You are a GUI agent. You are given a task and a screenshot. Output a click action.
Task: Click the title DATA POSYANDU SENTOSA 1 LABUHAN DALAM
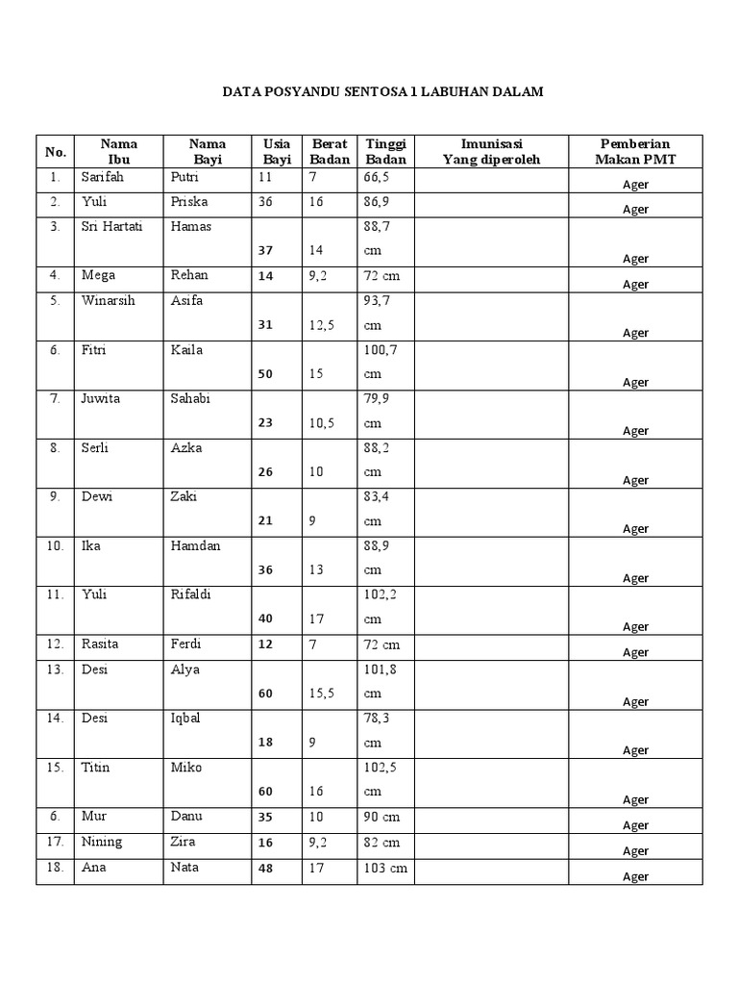coord(382,92)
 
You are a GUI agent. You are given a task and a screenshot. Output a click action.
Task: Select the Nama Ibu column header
coord(118,151)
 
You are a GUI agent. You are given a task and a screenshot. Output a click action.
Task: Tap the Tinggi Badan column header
coord(385,151)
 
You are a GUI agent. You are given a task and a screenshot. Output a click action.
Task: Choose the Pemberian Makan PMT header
coord(635,151)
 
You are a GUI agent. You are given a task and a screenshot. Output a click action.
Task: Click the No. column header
coord(56,152)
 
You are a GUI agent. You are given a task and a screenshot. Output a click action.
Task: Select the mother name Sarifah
coord(103,177)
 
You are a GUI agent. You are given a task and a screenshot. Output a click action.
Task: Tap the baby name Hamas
coord(190,227)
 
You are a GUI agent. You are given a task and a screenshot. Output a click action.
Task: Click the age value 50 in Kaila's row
coord(265,374)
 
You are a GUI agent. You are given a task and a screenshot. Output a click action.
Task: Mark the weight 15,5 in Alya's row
coord(324,693)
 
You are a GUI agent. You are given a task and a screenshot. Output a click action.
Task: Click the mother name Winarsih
coord(109,300)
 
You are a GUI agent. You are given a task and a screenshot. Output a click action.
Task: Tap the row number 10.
coord(56,545)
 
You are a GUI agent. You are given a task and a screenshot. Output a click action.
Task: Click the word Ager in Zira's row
coord(635,850)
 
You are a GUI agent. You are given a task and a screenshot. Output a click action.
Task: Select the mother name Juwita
coord(101,398)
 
